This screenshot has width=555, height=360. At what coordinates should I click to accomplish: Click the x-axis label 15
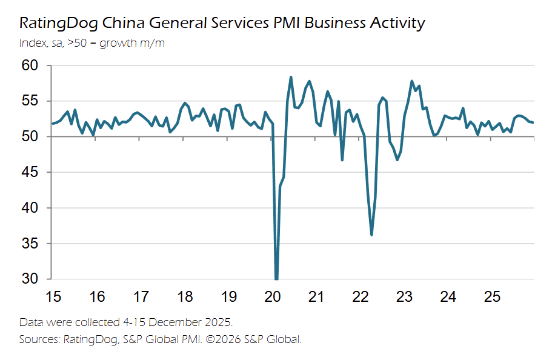point(53,298)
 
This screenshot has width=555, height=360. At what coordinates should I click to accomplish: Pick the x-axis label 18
point(185,298)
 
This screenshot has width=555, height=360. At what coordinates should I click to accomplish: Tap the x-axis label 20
point(273,298)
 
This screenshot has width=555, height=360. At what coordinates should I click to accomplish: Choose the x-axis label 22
point(361,298)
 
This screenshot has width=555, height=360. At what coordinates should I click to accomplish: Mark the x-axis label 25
point(492,298)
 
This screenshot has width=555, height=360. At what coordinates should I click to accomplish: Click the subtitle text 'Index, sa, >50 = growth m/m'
point(91,43)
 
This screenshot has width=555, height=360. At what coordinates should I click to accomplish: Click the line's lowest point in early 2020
point(276,279)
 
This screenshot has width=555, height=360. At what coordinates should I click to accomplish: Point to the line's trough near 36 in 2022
point(371,235)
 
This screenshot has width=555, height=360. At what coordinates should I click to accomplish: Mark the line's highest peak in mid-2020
point(291,77)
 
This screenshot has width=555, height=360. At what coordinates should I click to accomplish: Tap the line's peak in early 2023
point(412,81)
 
